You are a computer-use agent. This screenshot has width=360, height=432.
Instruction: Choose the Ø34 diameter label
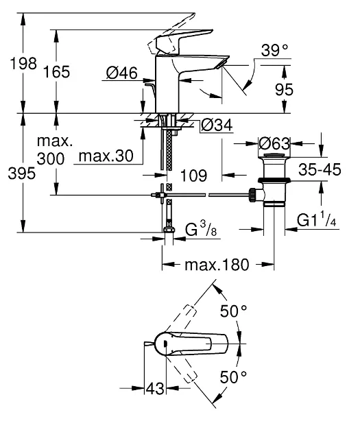[x=217, y=125]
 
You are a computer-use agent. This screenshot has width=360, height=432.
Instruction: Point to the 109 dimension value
[x=194, y=176]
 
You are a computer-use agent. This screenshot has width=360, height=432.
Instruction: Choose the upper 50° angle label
[x=234, y=311]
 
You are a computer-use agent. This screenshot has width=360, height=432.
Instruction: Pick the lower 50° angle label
[x=234, y=376]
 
